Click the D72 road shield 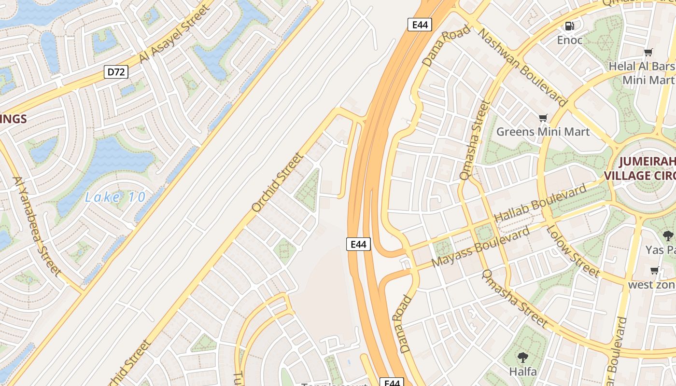(x=116, y=72)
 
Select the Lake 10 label (x=115, y=197)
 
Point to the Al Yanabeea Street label (x=37, y=226)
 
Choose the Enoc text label (x=570, y=40)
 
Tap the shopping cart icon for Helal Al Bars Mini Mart (x=648, y=52)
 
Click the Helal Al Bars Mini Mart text (x=642, y=72)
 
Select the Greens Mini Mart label (x=543, y=131)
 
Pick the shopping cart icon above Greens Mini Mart (x=543, y=118)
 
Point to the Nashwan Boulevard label (x=522, y=66)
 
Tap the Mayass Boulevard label (x=480, y=248)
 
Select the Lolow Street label (x=573, y=250)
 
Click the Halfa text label (x=523, y=372)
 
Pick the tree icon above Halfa (x=522, y=358)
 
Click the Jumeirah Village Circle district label (x=647, y=167)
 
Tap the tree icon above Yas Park (x=668, y=236)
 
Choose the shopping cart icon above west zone (x=655, y=271)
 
